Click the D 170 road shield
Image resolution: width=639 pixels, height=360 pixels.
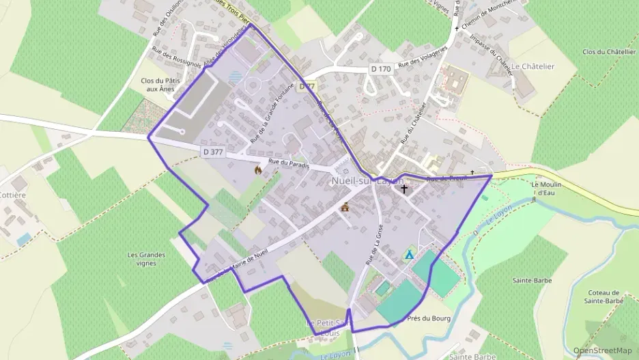click(x=382, y=69)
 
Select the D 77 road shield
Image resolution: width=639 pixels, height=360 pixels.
click(x=307, y=87)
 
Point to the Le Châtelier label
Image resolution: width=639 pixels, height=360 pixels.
click(x=532, y=66)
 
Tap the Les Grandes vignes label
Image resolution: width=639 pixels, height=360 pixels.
click(x=146, y=259)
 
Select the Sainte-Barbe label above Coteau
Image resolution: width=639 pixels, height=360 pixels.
click(x=532, y=280)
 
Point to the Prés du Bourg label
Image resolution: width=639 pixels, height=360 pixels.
click(x=429, y=318)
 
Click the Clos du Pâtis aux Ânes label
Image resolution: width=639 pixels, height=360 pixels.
click(x=158, y=85)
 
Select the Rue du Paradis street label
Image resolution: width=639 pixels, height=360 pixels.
click(x=289, y=164)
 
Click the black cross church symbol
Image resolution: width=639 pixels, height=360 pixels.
click(x=404, y=189)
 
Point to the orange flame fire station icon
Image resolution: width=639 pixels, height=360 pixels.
click(x=258, y=169)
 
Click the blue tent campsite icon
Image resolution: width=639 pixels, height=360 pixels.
click(x=409, y=254)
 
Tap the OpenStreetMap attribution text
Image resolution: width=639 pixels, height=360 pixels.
click(x=603, y=350)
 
